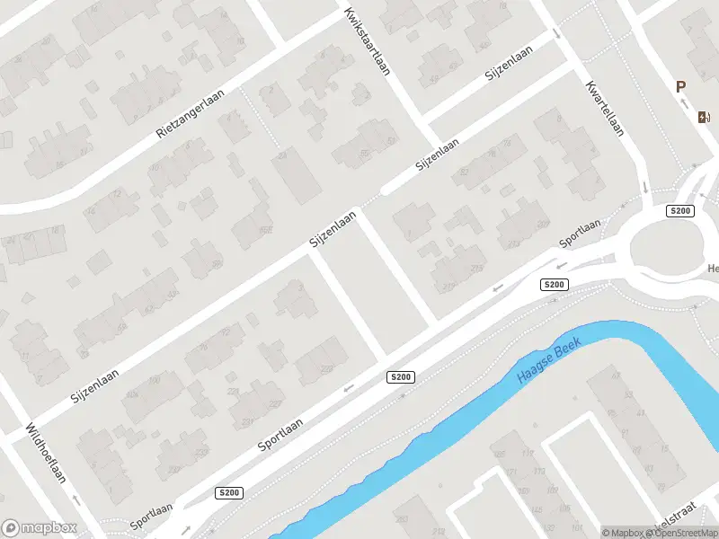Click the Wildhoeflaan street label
[46, 453]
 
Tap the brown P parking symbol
[681, 87]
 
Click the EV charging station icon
[703, 116]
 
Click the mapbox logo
[40, 528]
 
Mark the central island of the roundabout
[664, 246]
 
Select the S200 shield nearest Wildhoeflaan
[229, 493]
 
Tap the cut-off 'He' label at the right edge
[713, 268]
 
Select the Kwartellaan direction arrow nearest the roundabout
[646, 188]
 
